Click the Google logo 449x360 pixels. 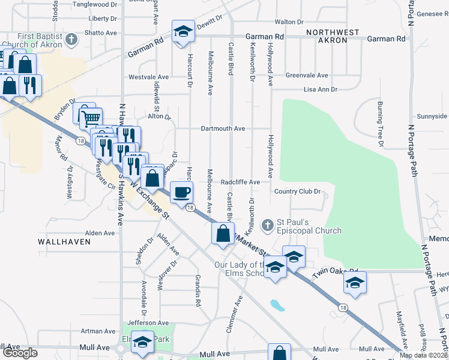point(19,353)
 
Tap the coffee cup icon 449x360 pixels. point(182,192)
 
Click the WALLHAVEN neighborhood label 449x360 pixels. point(64,242)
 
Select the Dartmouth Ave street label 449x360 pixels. point(223,128)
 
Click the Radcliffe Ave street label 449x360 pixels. point(240,182)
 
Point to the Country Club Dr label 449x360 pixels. point(298,191)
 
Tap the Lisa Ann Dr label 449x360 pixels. point(321,89)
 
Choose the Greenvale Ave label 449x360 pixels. point(307,76)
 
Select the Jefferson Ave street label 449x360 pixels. point(143,323)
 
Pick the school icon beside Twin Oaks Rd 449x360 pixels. point(355,283)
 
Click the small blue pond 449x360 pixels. point(276,306)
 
